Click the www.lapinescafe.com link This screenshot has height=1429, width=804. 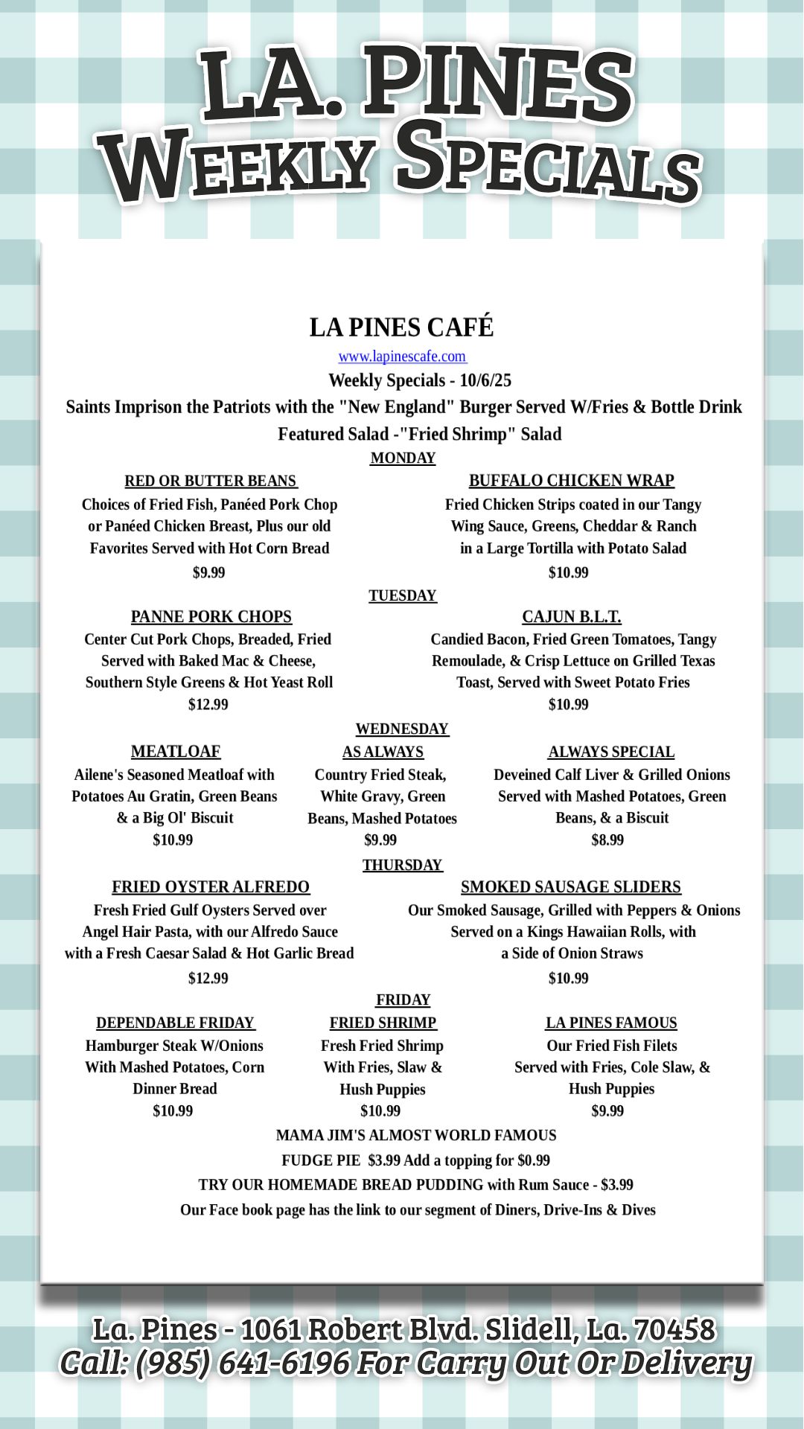(x=402, y=357)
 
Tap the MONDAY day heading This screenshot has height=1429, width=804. (x=403, y=458)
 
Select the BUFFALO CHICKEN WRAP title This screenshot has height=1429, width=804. (x=572, y=481)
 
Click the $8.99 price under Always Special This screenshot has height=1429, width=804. (x=607, y=840)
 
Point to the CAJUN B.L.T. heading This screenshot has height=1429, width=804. (x=572, y=617)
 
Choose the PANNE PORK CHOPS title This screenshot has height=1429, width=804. (x=211, y=617)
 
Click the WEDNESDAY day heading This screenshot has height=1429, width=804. (x=402, y=729)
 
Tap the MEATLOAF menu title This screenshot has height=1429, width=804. (x=176, y=752)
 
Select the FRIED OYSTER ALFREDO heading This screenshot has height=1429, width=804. (x=211, y=887)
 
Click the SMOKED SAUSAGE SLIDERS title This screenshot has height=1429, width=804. (x=571, y=887)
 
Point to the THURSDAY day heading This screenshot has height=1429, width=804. (x=403, y=865)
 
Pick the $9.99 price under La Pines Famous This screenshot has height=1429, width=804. (x=607, y=1111)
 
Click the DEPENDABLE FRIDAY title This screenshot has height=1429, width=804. (x=176, y=1023)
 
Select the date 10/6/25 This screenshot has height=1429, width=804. (x=485, y=381)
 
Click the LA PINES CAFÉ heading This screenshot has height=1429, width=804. (x=402, y=327)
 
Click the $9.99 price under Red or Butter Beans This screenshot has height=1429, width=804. (x=208, y=573)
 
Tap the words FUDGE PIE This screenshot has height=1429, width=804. (x=320, y=1160)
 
